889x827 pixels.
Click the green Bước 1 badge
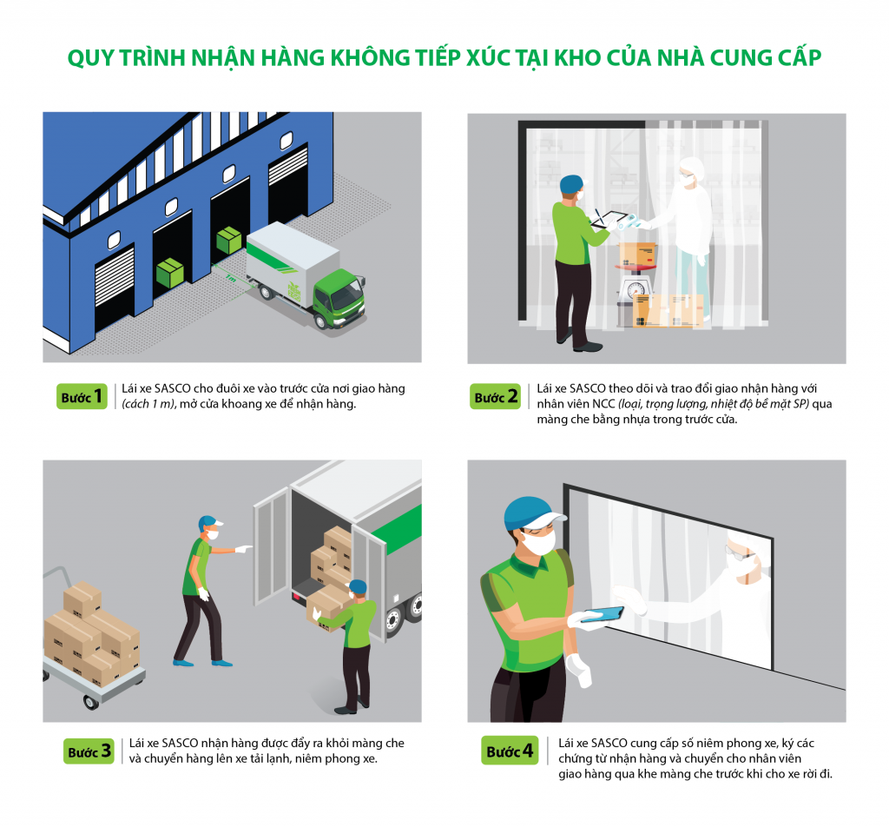tap(82, 396)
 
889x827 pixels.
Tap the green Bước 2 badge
tap(495, 396)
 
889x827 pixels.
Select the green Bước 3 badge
tap(89, 751)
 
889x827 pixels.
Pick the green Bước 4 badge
tap(510, 751)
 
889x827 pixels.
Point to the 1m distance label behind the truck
tap(229, 278)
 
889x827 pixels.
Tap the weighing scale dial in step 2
tap(636, 288)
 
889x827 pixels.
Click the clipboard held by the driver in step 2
tap(609, 219)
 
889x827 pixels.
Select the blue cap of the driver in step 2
tap(571, 184)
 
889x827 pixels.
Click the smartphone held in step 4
tap(603, 615)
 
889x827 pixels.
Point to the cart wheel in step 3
tap(90, 702)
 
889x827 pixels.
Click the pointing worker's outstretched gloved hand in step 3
tap(244, 548)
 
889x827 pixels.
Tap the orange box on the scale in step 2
tap(637, 254)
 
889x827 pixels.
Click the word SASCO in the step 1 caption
tap(173, 388)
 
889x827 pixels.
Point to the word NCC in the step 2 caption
tap(603, 404)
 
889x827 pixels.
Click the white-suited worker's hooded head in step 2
tap(692, 169)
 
